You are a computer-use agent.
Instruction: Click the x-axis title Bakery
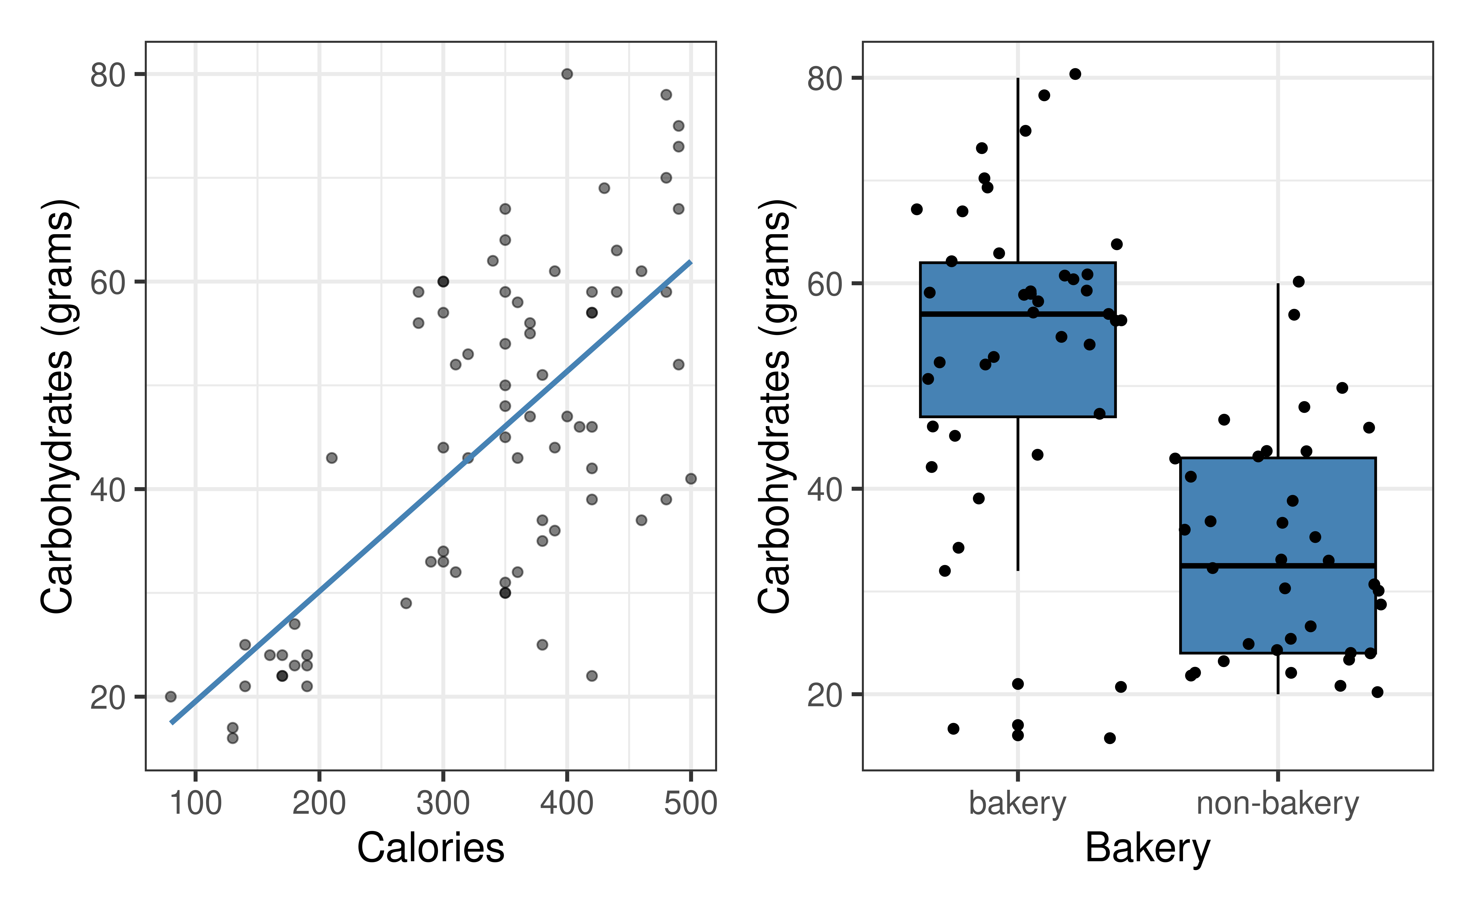click(x=1147, y=848)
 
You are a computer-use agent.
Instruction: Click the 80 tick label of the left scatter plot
click(x=107, y=75)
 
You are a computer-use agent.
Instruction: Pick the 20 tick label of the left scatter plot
click(x=107, y=698)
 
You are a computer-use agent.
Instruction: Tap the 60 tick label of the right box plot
click(x=824, y=284)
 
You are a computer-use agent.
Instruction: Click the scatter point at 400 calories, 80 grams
click(x=567, y=74)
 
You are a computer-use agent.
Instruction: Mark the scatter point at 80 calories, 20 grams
click(x=171, y=696)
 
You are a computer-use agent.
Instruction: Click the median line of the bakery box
click(x=964, y=314)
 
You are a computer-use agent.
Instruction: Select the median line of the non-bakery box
click(x=1236, y=565)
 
